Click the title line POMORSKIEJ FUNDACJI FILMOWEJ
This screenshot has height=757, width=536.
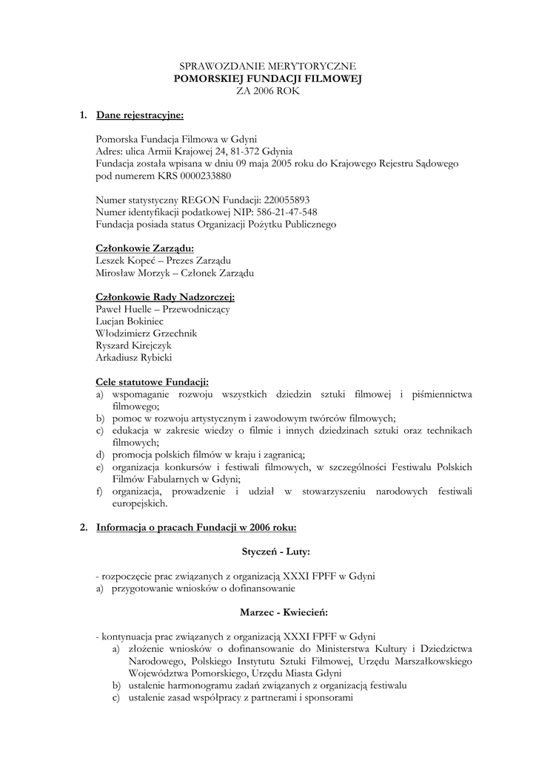click(268, 78)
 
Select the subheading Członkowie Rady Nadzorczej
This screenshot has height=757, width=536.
click(165, 297)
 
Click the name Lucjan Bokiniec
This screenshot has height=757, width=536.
click(130, 322)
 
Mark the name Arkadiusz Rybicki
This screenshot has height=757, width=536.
click(133, 358)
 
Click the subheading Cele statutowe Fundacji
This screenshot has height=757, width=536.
click(153, 382)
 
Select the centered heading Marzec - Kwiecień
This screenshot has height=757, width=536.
click(284, 612)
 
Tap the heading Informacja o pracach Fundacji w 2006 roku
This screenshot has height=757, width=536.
click(196, 527)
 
